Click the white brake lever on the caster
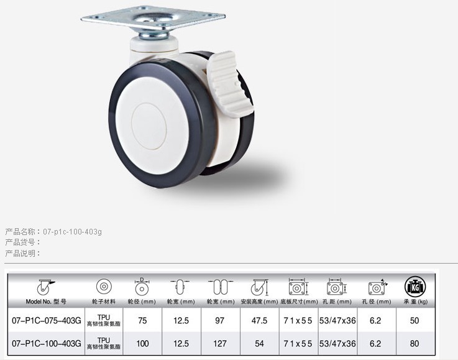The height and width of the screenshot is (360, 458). (x=229, y=84)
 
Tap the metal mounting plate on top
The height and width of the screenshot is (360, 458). (x=153, y=18)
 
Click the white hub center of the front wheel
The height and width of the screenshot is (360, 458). (x=149, y=126)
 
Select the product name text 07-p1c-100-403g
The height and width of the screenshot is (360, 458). (x=73, y=232)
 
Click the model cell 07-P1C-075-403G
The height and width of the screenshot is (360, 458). (x=47, y=321)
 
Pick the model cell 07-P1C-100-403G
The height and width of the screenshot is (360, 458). (x=47, y=343)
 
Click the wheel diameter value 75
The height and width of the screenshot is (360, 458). (x=142, y=321)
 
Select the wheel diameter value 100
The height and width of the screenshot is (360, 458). (x=142, y=343)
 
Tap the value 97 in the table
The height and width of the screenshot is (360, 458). (x=219, y=321)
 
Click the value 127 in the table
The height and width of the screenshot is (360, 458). (x=219, y=343)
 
